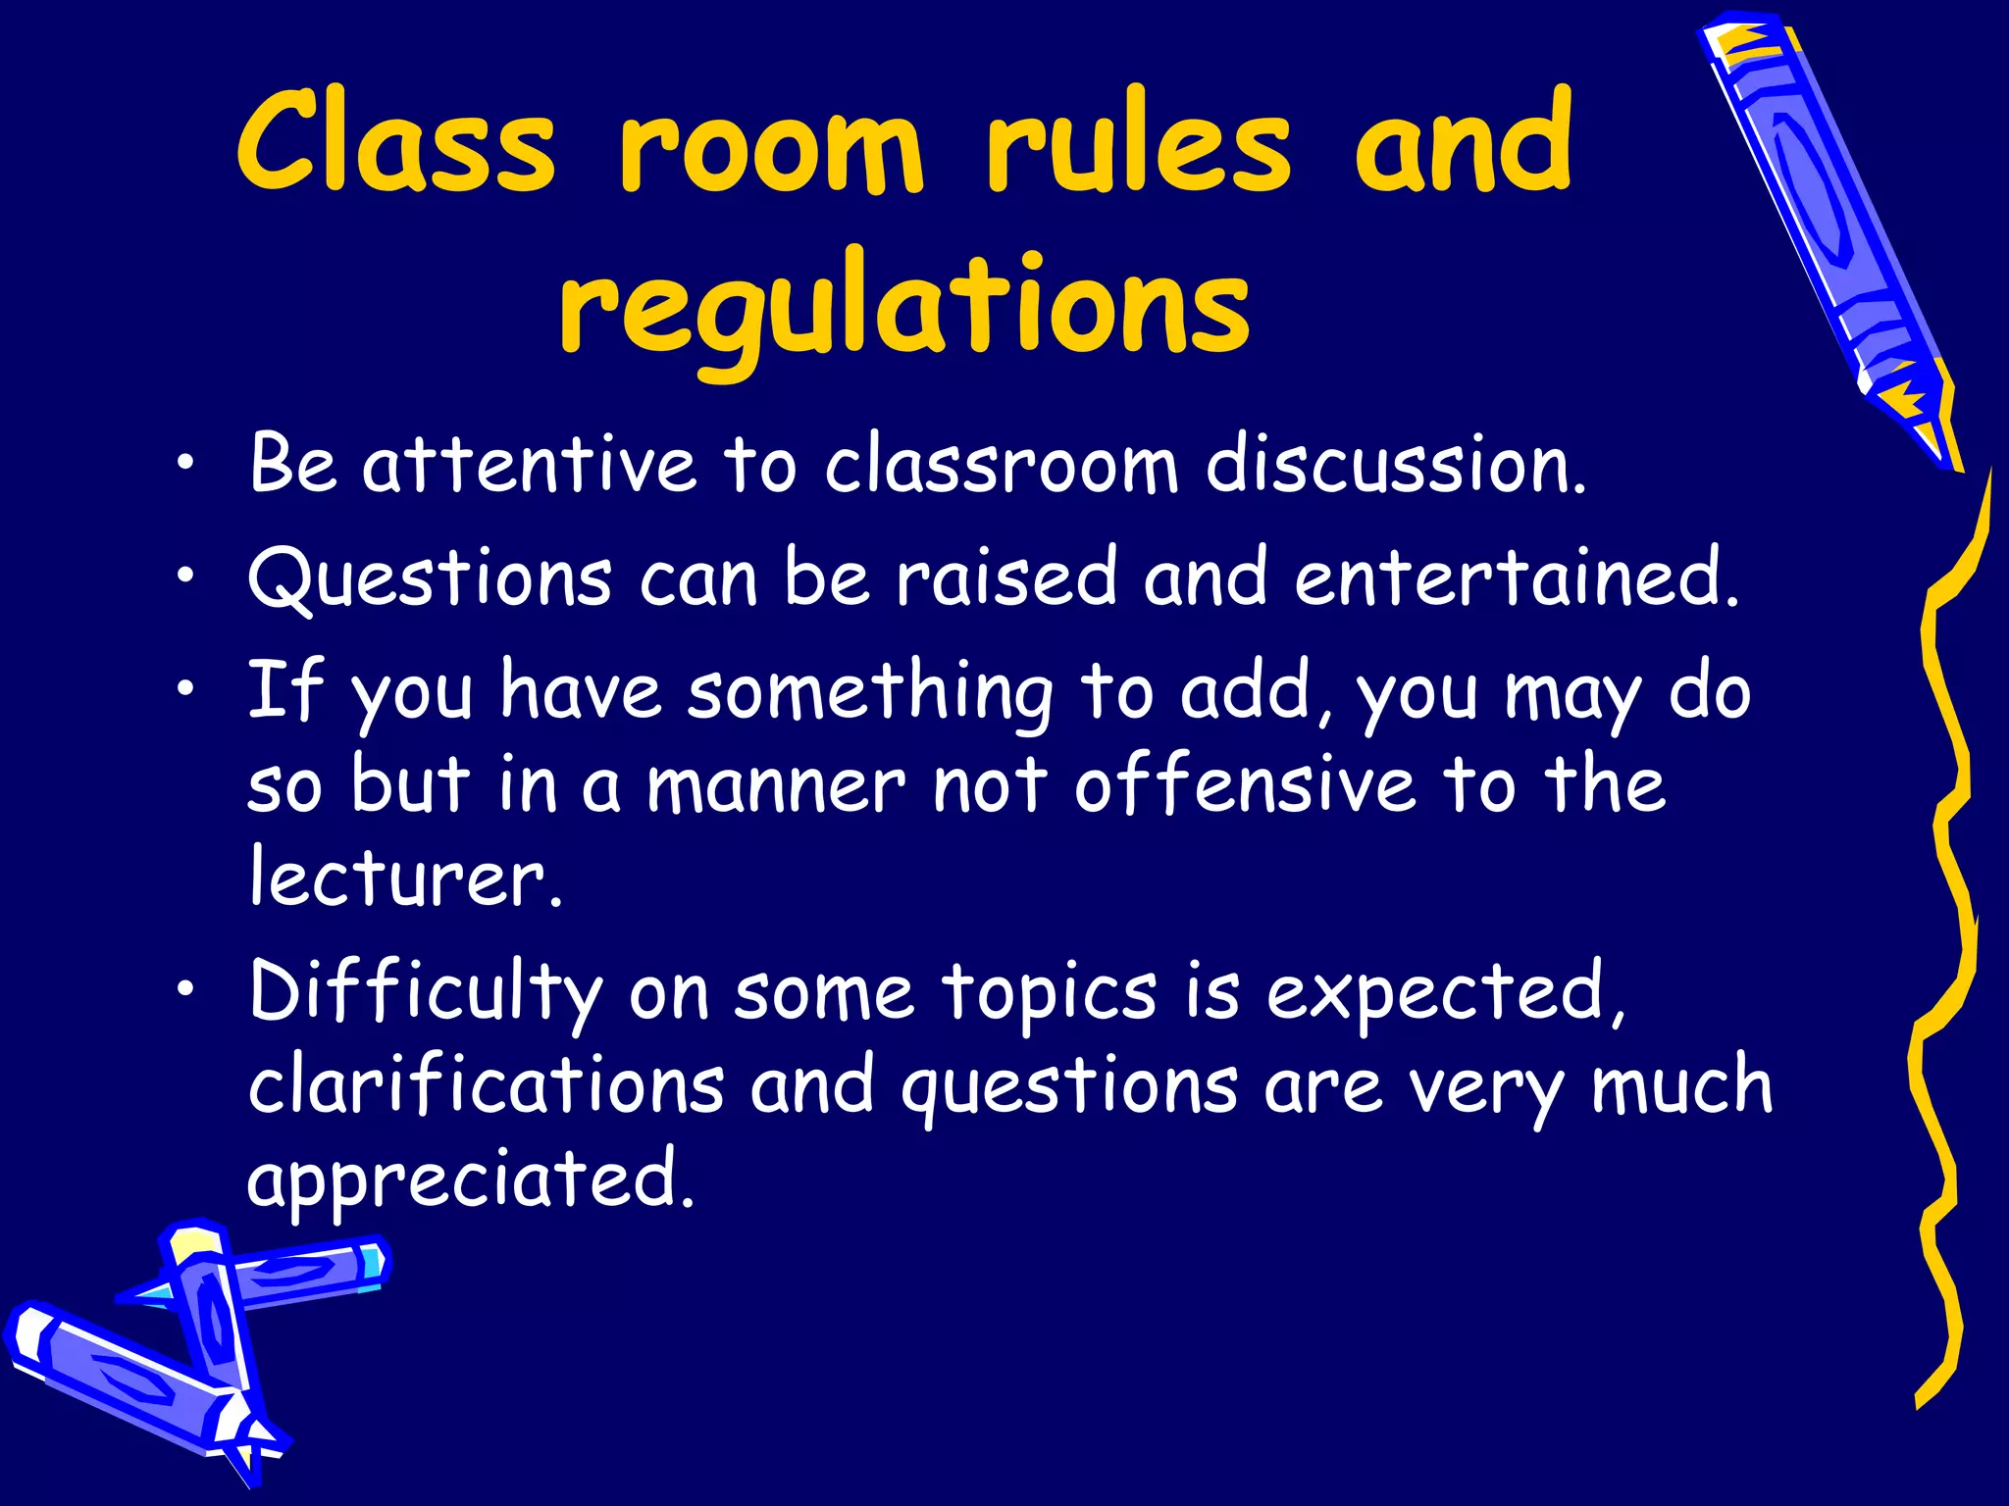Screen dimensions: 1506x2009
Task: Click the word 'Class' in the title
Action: point(395,143)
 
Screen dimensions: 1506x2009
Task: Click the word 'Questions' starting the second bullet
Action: point(430,578)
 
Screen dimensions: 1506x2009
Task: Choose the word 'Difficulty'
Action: point(425,993)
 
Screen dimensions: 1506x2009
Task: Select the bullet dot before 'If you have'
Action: point(185,690)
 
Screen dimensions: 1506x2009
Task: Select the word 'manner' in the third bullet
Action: point(775,786)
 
